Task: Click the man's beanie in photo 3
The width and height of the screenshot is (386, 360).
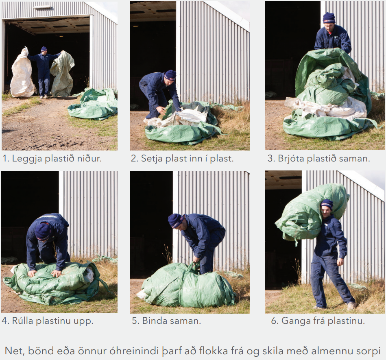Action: (329, 18)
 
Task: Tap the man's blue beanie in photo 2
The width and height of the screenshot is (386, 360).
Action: (170, 75)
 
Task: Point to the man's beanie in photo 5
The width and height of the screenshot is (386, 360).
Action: (176, 220)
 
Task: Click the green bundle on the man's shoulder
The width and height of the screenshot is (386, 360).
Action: (312, 212)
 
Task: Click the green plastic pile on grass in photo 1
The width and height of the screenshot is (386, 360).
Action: (93, 104)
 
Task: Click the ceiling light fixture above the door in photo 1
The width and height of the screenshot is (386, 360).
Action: (42, 7)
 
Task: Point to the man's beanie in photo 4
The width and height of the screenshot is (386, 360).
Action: (42, 232)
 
